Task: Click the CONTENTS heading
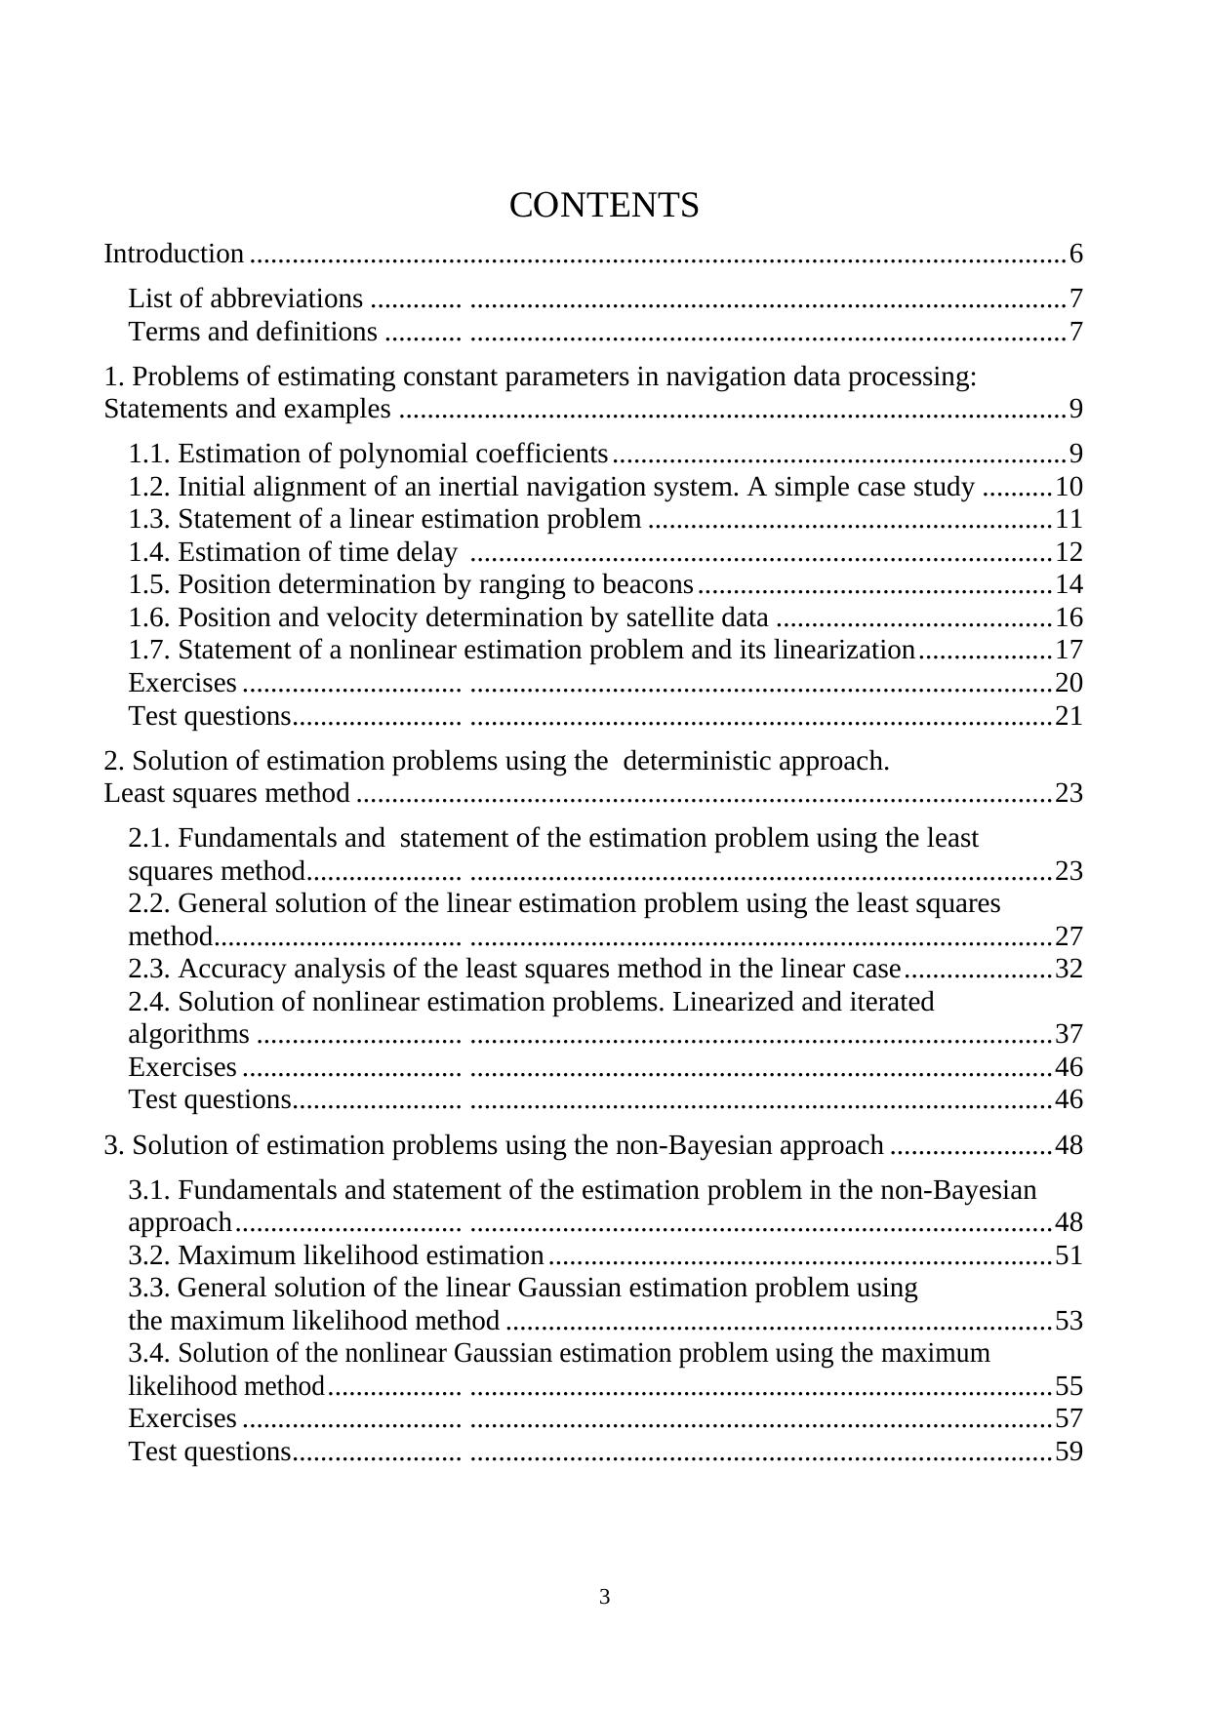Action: tap(604, 206)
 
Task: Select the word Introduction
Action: tap(174, 255)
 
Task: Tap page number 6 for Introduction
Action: tap(1075, 255)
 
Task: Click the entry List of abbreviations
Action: tap(246, 298)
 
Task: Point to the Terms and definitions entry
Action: tap(253, 332)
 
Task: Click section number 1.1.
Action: tap(150, 454)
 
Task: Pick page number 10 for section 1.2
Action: tap(1069, 487)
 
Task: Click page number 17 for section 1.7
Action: tap(1069, 650)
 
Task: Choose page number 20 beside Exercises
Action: tap(1069, 683)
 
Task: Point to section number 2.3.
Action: tap(150, 969)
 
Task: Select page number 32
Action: tap(1069, 969)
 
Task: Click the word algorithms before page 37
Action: tap(189, 1034)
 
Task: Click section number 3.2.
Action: tap(150, 1254)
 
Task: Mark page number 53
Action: tap(1069, 1321)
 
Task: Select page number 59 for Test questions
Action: tap(1069, 1452)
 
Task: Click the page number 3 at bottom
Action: tap(605, 1598)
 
